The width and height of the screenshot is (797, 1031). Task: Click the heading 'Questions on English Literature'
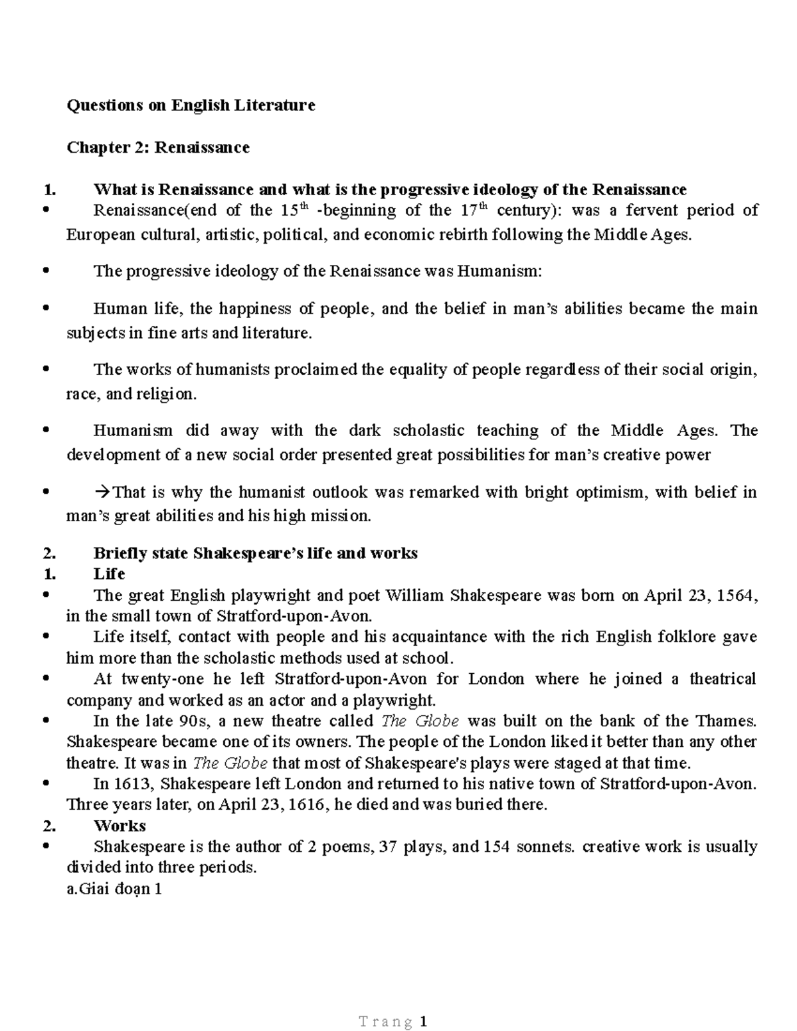[191, 105]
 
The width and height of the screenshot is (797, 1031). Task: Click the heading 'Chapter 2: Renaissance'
[158, 147]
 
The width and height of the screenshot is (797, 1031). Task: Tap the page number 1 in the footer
[423, 1022]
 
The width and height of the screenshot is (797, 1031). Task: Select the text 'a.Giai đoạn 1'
[114, 889]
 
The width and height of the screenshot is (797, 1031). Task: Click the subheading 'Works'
[120, 826]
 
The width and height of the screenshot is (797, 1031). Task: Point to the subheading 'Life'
[110, 574]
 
